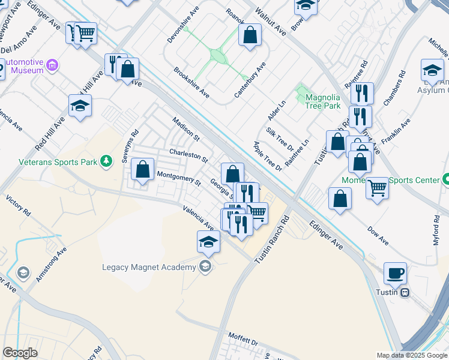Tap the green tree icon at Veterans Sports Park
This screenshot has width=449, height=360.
click(106, 161)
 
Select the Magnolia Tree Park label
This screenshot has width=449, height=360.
click(323, 101)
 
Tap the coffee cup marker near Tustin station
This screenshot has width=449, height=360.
click(395, 274)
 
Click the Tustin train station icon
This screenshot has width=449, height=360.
click(406, 292)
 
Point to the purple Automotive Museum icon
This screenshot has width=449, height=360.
click(52, 65)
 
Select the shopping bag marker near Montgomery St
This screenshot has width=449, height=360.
click(143, 170)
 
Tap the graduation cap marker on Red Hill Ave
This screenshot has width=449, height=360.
click(80, 106)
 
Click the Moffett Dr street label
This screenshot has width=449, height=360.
click(243, 340)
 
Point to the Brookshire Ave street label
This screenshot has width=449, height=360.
click(191, 82)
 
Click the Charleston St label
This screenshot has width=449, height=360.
click(188, 156)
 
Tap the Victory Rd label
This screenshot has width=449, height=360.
click(18, 205)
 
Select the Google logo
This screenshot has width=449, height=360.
click(20, 353)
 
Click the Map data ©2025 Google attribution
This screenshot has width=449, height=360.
click(412, 355)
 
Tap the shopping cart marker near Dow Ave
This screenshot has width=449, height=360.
click(378, 188)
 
